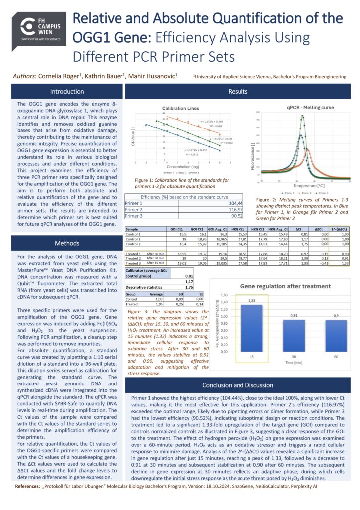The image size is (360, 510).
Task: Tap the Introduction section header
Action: pyautogui.click(x=67, y=92)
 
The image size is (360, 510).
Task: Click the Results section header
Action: pyautogui.click(x=238, y=92)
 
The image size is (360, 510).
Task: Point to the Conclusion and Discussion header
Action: pyautogui.click(x=238, y=385)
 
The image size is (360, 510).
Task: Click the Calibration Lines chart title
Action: pyautogui.click(x=180, y=108)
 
